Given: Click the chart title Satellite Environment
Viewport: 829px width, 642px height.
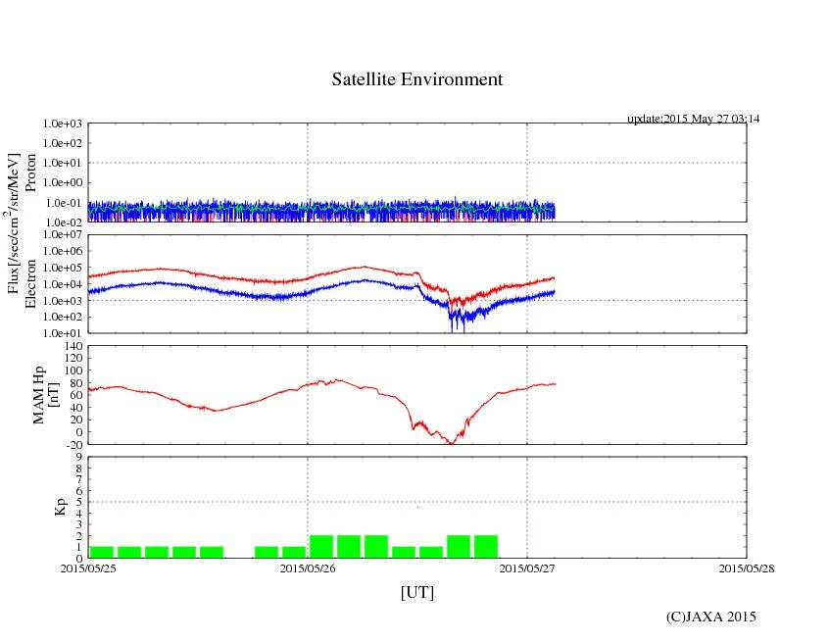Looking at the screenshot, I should pos(416,79).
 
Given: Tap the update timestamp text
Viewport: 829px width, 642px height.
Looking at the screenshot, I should pos(693,119).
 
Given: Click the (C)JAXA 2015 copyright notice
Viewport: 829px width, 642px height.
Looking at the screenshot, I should pos(710,616).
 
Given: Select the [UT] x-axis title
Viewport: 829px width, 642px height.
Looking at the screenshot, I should pos(416,592).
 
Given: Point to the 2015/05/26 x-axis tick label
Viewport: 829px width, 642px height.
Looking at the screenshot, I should pos(308,568).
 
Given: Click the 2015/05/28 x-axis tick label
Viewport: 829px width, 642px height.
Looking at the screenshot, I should pos(747,568).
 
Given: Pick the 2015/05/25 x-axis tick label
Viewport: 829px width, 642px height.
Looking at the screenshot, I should pos(88,568).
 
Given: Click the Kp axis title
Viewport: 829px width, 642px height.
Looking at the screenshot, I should pos(60,507).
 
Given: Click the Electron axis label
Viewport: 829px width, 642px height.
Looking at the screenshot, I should pos(30,284).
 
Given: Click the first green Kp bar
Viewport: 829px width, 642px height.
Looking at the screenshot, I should pos(102,552).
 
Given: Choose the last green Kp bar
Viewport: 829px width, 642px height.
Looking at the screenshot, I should pos(486,547).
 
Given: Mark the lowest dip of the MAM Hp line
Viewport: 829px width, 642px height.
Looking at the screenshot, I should pos(452,443).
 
